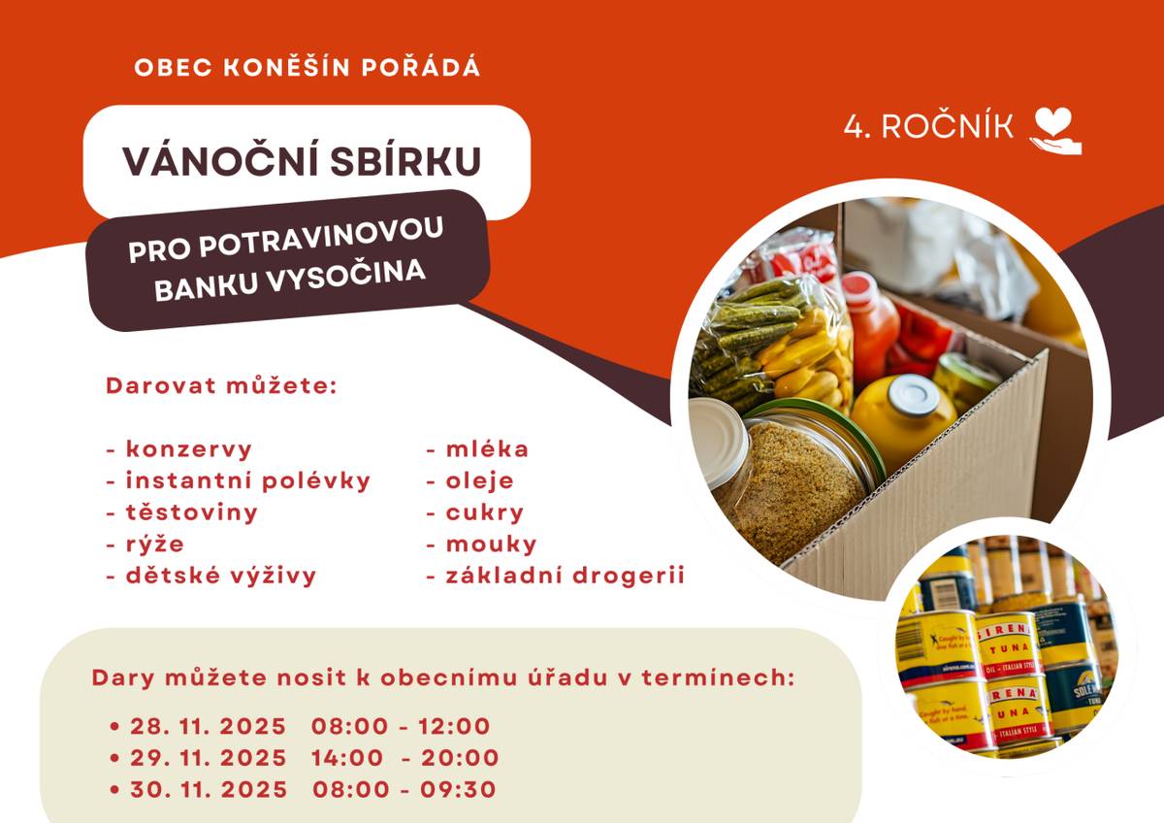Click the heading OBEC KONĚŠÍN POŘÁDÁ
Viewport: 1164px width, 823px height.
click(x=307, y=68)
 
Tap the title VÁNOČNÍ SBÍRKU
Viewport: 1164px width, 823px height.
click(x=302, y=161)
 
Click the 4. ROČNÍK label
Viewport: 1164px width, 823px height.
click(x=928, y=127)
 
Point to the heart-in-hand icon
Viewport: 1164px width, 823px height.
click(x=1055, y=130)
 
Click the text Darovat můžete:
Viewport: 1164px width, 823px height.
click(x=220, y=385)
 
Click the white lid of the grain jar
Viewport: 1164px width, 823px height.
click(x=717, y=442)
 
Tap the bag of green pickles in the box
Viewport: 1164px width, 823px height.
click(x=752, y=335)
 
